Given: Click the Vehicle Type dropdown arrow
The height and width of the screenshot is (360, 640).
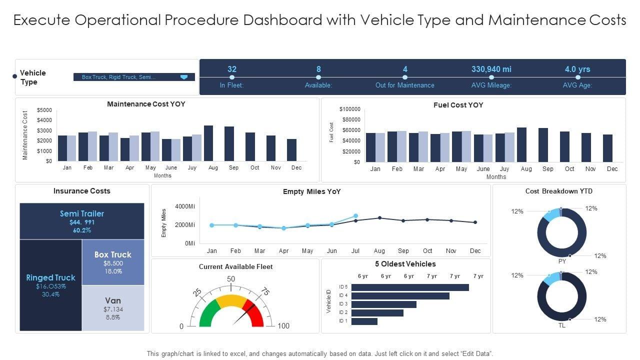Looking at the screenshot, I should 183,77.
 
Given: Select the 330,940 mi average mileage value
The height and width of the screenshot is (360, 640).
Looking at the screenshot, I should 491,69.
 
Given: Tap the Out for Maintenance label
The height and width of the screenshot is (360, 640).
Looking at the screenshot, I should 404,85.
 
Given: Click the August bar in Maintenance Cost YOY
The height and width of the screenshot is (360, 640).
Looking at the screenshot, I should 208,143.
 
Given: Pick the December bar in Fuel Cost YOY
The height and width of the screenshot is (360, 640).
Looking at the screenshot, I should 607,148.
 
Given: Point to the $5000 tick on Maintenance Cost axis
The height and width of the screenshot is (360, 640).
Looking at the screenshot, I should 44,110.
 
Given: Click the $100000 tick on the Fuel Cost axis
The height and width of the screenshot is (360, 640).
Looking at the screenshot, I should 349,109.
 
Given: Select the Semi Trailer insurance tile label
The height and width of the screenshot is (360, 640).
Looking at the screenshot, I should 82,213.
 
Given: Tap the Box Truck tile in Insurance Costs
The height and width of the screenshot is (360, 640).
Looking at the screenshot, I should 113,261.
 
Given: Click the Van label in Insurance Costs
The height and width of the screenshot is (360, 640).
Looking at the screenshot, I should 113,300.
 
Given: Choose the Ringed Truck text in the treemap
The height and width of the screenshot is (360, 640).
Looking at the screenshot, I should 50,277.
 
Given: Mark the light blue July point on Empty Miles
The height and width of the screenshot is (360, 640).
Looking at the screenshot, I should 355,216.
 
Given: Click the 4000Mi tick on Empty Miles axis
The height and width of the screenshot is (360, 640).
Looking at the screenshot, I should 185,206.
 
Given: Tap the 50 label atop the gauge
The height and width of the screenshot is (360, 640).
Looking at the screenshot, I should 231,279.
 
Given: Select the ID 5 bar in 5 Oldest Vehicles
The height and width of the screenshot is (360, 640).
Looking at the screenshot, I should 410,287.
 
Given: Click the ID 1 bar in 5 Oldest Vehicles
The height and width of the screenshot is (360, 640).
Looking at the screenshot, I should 364,321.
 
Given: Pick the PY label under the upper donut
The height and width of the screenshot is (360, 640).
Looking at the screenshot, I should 561,261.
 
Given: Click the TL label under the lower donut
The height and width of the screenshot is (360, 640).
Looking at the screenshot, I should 561,325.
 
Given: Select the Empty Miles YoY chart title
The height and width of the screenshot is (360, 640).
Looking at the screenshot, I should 311,191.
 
